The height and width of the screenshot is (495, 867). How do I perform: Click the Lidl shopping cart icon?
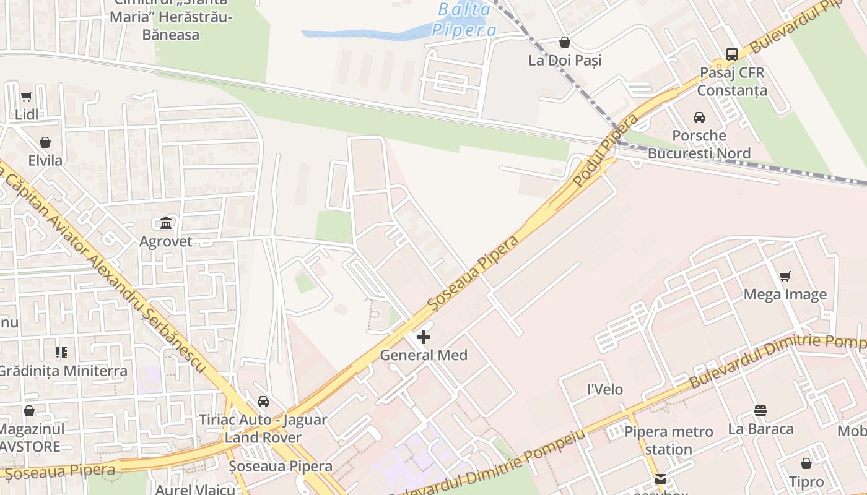[26, 97]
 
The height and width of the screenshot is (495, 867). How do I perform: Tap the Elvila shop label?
[45, 160]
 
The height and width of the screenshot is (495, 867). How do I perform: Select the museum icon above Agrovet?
[166, 223]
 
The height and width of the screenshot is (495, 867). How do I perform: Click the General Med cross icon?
[424, 337]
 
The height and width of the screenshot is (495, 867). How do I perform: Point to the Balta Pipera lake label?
[464, 20]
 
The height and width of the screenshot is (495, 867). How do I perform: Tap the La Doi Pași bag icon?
[565, 42]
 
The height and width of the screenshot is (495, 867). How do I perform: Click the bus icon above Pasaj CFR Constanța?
[731, 54]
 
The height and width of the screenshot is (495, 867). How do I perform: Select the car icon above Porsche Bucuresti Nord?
[699, 118]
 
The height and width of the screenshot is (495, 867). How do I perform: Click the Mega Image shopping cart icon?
[785, 277]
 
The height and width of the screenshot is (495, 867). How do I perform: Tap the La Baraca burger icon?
[760, 411]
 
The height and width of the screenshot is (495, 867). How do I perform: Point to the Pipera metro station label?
[669, 440]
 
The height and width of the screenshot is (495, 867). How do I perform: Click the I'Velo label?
[604, 389]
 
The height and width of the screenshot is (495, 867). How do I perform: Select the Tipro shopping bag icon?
[806, 463]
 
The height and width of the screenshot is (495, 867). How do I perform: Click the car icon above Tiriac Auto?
[263, 402]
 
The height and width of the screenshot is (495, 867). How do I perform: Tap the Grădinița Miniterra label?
[63, 371]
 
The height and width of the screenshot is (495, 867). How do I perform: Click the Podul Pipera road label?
[605, 150]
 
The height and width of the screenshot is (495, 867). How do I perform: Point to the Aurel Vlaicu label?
[195, 489]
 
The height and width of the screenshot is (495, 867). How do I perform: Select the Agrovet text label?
[166, 241]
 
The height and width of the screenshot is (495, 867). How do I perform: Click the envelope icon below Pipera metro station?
[661, 479]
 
